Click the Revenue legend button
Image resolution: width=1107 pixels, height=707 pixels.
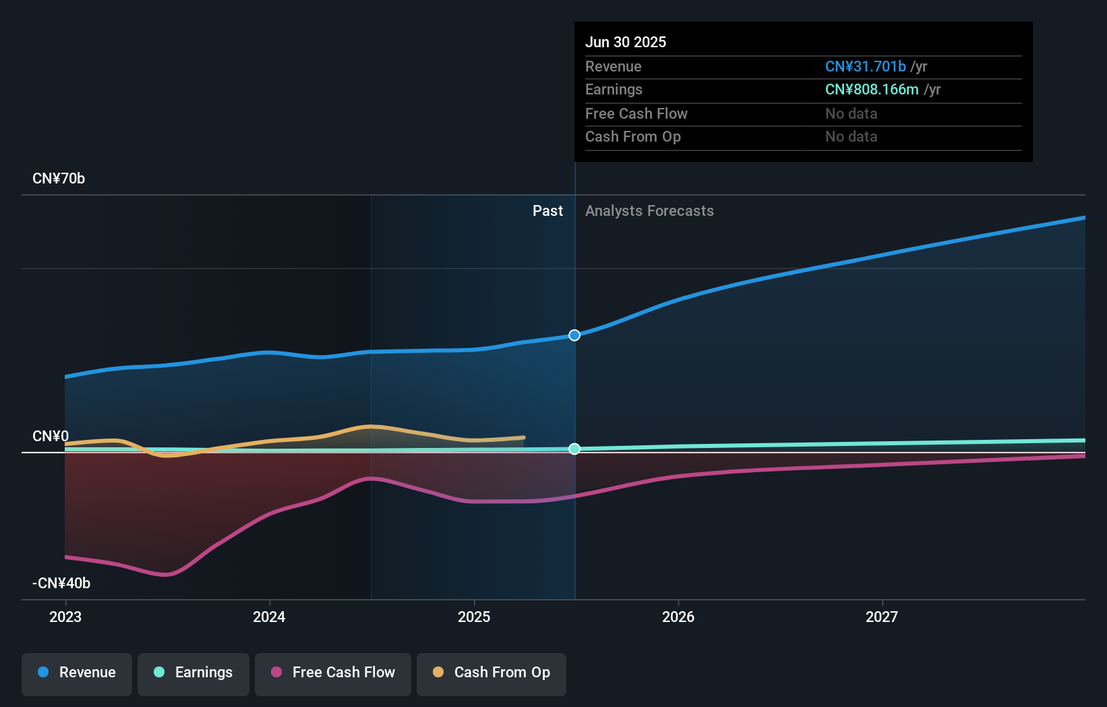coord(77,673)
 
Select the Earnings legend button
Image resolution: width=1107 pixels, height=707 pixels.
coord(193,673)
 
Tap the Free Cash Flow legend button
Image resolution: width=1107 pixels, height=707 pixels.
coord(333,673)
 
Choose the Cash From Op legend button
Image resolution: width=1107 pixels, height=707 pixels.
coord(491,673)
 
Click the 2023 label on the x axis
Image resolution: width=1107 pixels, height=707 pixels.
coord(65,617)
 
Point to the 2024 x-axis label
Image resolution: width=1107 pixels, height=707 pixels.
coord(269,617)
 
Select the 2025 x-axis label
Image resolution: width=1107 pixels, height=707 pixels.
coord(474,617)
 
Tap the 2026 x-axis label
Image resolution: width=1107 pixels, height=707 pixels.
coord(678,617)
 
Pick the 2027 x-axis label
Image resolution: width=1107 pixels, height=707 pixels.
coord(882,617)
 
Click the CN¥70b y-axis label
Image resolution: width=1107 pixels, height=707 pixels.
coord(59,179)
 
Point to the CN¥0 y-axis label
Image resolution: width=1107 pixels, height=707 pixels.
coord(51,436)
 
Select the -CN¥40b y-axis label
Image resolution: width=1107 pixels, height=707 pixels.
coord(61,584)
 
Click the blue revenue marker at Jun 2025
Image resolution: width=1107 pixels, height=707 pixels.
coord(574,335)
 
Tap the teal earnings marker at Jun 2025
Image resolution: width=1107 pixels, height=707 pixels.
coord(574,449)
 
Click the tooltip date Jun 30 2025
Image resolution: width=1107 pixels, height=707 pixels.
coord(626,43)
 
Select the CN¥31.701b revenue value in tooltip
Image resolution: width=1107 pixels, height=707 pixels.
coord(866,67)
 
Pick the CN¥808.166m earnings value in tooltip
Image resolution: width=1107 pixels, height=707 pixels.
coord(872,90)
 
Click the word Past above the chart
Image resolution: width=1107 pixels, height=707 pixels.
coord(547,211)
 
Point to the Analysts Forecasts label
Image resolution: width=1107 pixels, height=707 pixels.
coord(649,211)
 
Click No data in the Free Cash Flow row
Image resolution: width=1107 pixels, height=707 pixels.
coord(851,114)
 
